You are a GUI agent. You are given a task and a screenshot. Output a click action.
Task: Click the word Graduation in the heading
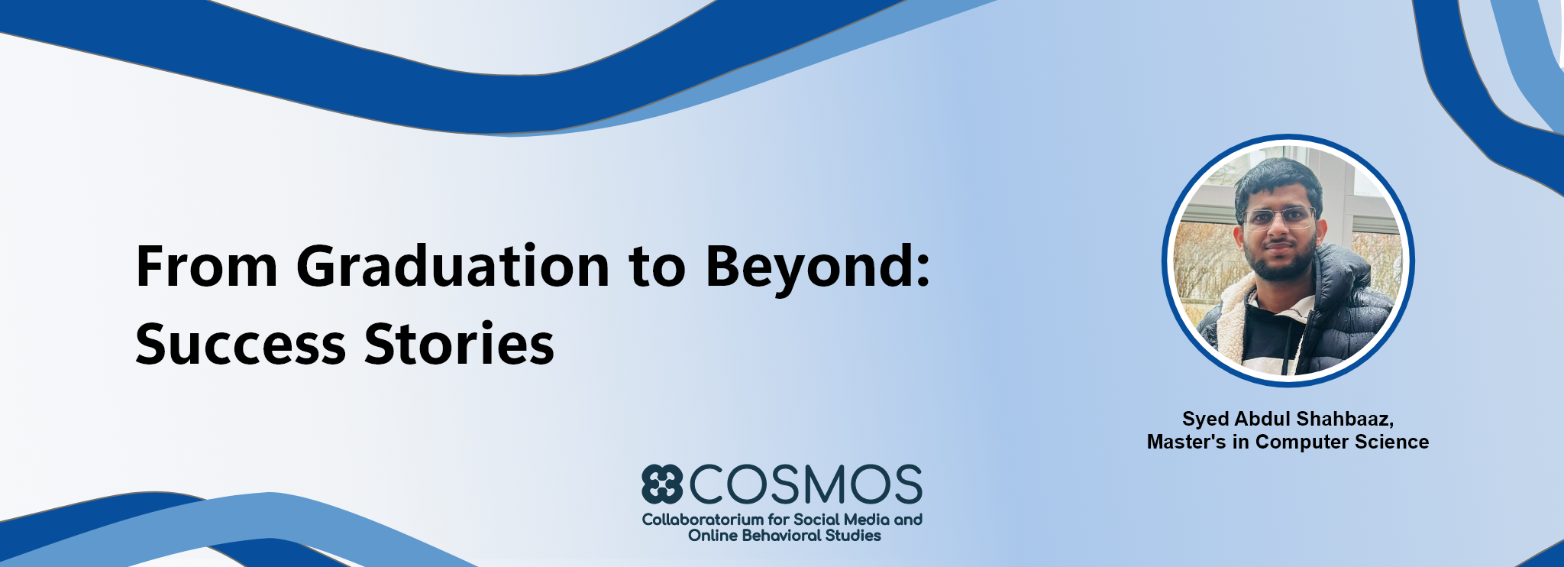(x=453, y=267)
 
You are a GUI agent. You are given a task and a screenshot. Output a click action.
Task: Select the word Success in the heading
(x=241, y=344)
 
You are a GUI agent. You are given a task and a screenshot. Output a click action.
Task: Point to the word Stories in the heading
(x=459, y=344)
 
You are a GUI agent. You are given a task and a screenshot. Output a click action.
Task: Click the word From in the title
(x=207, y=267)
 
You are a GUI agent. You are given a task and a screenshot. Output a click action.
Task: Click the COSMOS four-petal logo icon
(x=661, y=484)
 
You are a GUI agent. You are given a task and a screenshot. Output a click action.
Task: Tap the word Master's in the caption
(x=1186, y=442)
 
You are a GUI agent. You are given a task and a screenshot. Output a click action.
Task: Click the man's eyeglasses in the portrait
(x=1279, y=218)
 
